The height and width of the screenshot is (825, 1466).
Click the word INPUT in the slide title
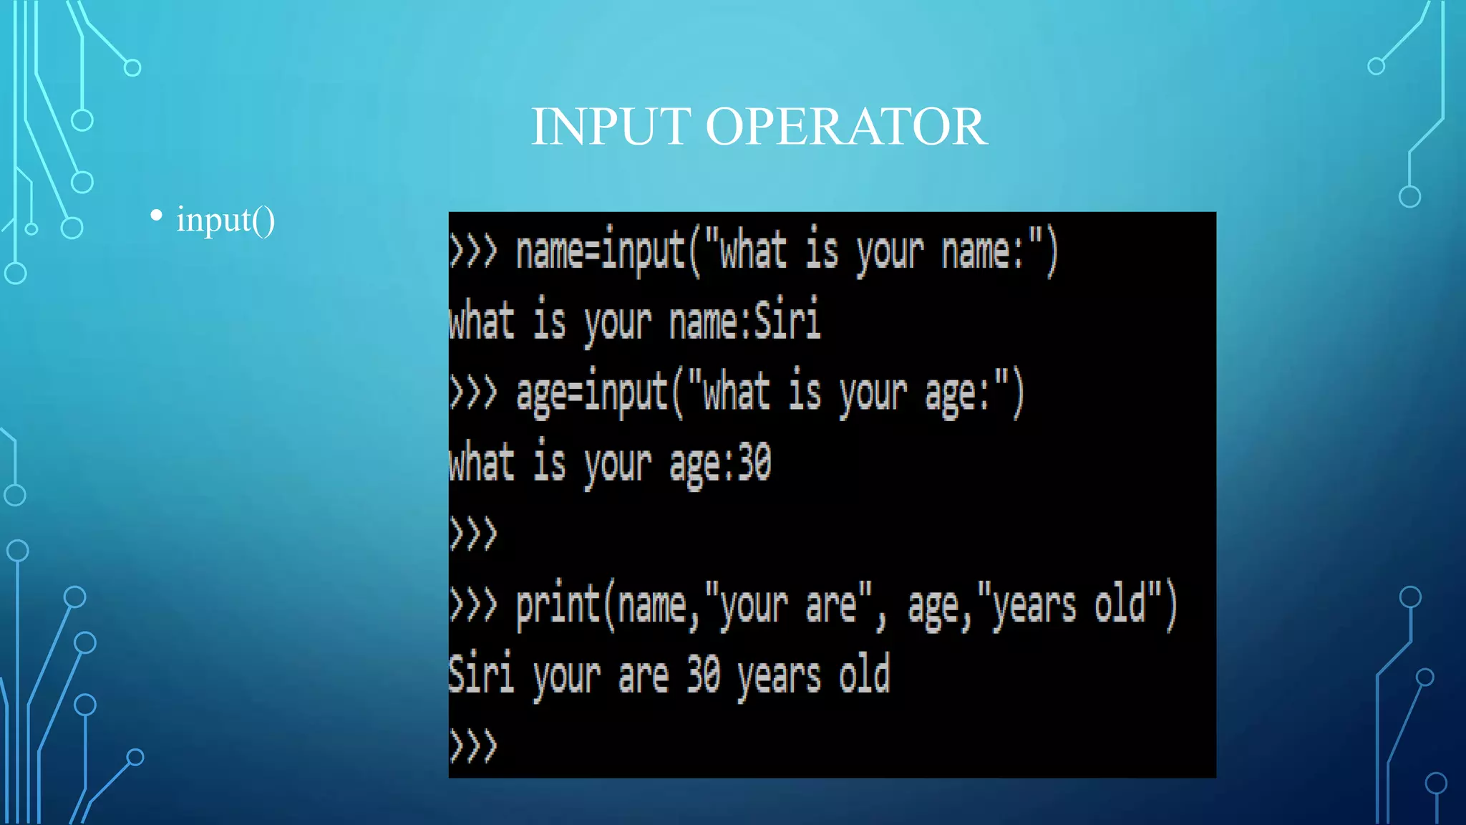point(611,127)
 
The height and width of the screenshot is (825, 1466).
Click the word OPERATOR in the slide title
point(846,127)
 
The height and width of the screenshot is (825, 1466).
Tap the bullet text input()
point(225,219)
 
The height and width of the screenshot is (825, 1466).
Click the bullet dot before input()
point(156,215)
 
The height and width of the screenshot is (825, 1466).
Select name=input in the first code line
point(601,251)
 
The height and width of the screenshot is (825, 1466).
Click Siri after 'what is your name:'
point(787,320)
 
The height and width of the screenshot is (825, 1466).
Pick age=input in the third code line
point(592,393)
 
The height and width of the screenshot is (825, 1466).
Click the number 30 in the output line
point(703,675)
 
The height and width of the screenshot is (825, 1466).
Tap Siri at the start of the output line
point(481,675)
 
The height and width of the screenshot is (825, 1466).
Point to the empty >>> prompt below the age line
point(473,534)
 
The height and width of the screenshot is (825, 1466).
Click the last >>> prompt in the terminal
point(473,746)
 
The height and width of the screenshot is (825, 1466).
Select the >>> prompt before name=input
point(473,251)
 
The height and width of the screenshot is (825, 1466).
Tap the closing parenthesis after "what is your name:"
point(1051,251)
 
